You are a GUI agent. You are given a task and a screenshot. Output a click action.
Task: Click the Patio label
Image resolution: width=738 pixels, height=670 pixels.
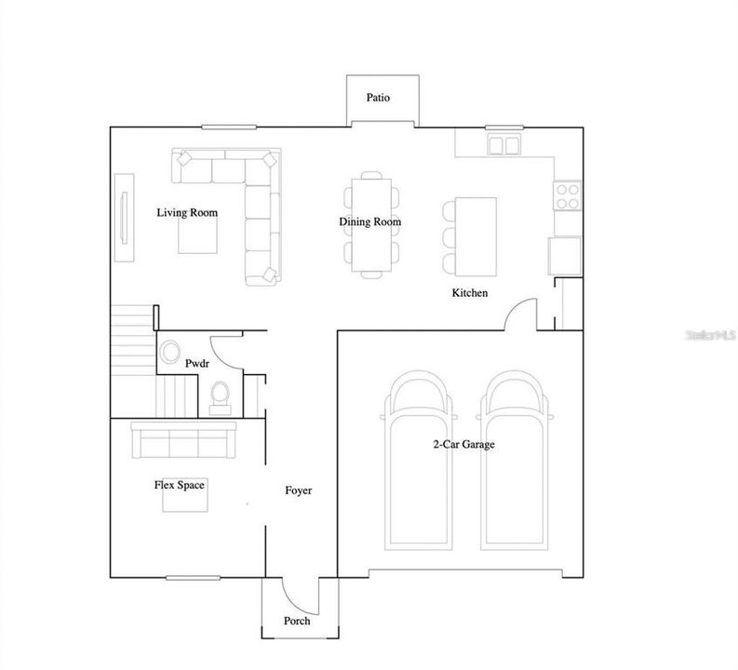(x=377, y=97)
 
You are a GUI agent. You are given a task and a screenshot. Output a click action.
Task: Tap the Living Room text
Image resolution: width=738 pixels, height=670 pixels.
(x=187, y=213)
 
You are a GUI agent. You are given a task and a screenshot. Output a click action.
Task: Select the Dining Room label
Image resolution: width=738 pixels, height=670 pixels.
(x=369, y=221)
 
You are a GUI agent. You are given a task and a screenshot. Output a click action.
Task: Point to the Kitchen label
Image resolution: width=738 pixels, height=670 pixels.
(x=470, y=293)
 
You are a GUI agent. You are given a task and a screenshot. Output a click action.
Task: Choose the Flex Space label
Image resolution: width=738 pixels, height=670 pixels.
(x=180, y=485)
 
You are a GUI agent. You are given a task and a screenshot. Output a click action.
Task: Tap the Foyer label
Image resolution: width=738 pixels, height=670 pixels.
(x=298, y=490)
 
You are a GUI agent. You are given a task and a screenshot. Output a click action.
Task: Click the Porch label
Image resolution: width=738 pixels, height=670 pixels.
(x=297, y=622)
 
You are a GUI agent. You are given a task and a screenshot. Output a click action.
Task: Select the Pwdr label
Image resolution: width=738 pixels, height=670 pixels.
(x=197, y=364)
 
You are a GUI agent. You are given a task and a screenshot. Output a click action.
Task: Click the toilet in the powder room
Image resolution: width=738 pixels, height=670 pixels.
(x=221, y=395)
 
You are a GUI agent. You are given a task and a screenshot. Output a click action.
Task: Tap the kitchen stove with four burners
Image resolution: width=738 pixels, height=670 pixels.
(x=567, y=194)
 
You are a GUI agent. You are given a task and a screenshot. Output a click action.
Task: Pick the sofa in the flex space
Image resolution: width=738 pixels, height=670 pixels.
(x=183, y=439)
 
